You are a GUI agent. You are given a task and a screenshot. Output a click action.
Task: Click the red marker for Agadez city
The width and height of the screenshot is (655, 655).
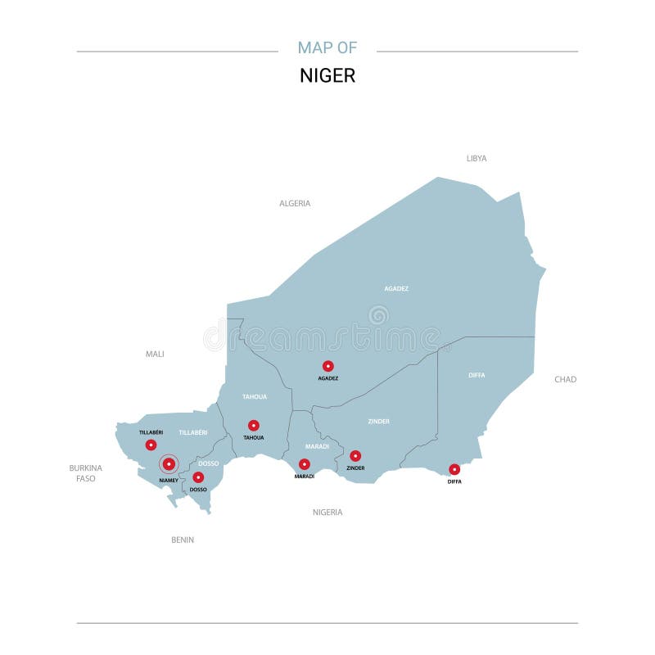327,366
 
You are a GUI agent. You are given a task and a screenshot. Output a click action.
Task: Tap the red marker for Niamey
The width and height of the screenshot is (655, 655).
168,464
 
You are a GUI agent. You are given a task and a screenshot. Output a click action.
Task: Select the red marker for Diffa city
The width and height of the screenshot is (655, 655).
454,469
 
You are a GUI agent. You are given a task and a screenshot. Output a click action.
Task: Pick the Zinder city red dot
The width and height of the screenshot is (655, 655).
355,455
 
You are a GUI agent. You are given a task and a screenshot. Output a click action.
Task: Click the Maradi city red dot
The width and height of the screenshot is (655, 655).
305,464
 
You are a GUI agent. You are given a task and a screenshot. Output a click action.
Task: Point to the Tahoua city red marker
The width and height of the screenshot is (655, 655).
254,425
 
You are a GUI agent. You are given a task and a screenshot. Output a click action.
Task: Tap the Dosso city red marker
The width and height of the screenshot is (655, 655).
198,477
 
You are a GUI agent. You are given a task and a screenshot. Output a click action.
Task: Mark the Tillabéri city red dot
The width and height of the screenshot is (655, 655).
151,445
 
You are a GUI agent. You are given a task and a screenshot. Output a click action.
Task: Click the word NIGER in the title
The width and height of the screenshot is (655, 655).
327,76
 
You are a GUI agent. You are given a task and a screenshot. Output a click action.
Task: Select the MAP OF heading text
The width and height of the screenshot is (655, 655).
327,47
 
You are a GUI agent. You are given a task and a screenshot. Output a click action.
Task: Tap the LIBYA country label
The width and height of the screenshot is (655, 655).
477,158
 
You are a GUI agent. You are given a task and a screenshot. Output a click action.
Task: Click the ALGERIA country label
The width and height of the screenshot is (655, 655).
295,203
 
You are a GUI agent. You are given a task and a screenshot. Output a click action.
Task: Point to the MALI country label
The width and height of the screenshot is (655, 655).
155,354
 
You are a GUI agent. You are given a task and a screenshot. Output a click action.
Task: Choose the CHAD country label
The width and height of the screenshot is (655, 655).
565,379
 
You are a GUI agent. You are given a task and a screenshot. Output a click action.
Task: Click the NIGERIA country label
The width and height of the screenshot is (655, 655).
327,512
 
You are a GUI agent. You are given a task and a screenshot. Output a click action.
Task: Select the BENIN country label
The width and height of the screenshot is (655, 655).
183,540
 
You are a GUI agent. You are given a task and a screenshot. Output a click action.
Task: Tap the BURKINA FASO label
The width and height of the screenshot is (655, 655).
86,472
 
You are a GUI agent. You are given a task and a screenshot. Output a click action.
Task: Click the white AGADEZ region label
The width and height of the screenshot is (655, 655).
396,288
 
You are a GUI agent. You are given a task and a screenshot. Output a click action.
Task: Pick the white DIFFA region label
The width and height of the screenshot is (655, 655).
477,375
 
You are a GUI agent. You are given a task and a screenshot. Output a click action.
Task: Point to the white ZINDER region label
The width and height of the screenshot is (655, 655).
378,421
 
